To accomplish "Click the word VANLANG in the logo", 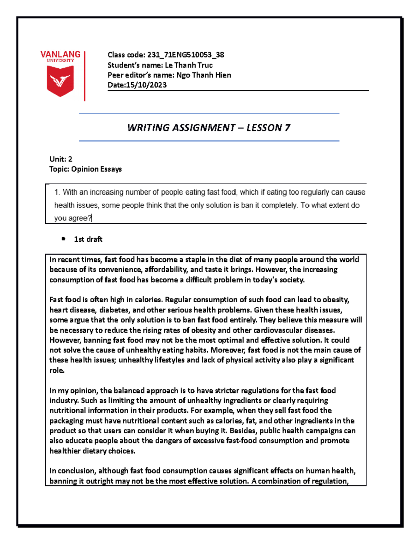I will click(60, 54).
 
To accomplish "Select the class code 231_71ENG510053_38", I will click(185, 55).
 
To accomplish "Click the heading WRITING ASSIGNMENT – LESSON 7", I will click(209, 128).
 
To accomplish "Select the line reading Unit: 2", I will click(61, 159).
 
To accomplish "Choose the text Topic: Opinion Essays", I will click(85, 169).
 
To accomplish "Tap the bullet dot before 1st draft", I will click(63, 239).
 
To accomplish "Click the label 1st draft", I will click(88, 239).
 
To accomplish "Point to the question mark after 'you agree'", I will click(90, 218).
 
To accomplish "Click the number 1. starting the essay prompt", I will click(57, 192).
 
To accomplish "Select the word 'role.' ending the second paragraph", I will click(57, 370).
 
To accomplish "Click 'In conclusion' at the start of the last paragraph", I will click(72, 471).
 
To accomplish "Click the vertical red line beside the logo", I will click(85, 76).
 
